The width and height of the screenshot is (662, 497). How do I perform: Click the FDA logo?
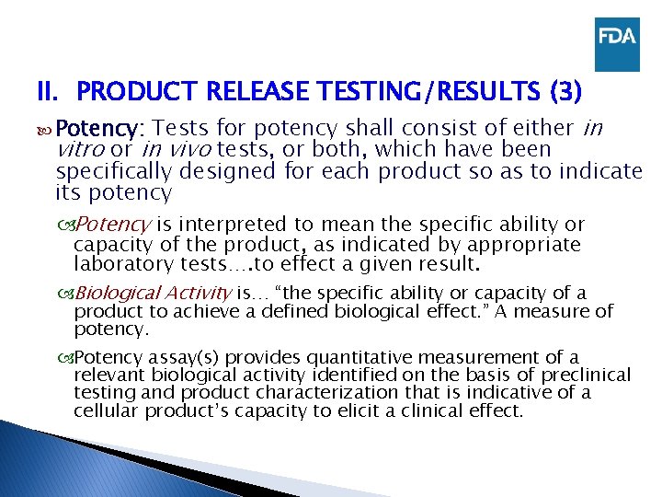616,44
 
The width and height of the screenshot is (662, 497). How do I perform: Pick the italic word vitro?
79,149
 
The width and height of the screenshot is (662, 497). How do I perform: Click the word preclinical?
585,375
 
